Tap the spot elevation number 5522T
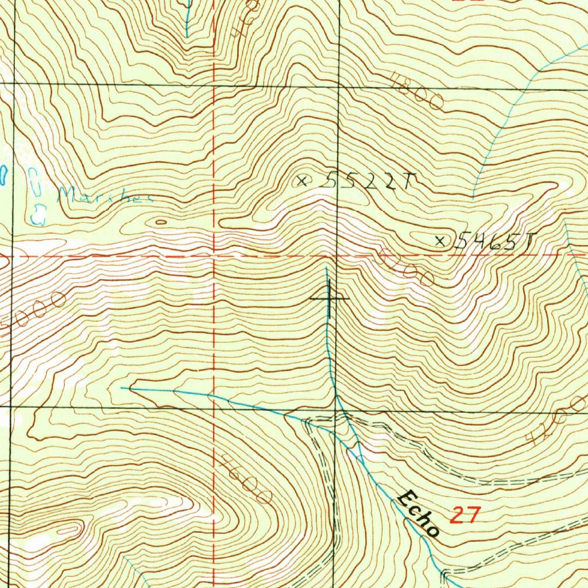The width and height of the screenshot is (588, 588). point(366,182)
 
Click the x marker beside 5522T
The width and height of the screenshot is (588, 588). point(301,181)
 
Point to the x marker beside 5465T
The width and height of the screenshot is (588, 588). point(440,241)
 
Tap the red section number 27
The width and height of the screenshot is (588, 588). point(465,515)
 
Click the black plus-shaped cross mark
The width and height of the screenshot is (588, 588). point(329,299)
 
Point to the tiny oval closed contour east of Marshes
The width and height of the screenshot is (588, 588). point(161,222)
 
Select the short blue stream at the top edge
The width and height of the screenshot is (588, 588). point(187,17)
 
